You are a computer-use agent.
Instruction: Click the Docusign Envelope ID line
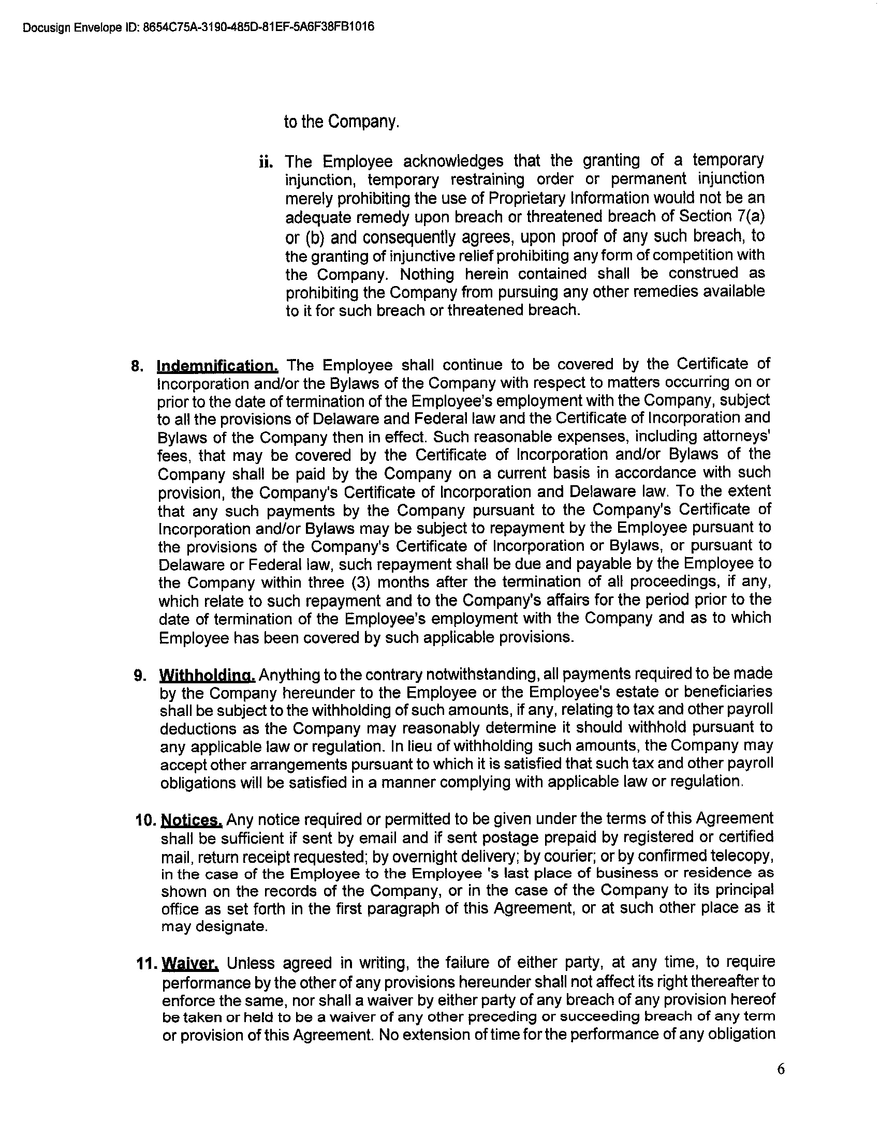coord(199,27)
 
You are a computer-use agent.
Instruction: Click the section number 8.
coord(137,367)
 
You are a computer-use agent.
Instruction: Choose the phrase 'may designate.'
coord(214,927)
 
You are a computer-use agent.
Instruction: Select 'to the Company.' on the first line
coord(342,122)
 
